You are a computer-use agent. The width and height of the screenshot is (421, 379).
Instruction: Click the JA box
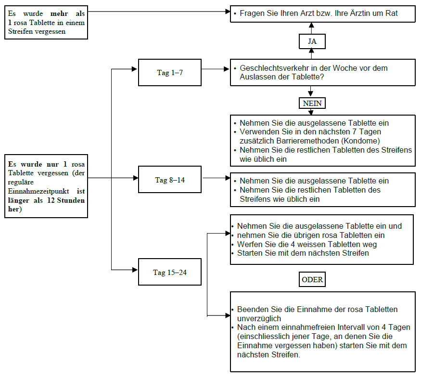pyautogui.click(x=312, y=41)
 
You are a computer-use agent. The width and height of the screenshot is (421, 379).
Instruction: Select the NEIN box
pyautogui.click(x=312, y=104)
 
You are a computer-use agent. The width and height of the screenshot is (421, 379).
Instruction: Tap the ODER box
pyautogui.click(x=312, y=280)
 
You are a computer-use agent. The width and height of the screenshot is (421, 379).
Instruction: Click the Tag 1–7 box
pyautogui.click(x=170, y=73)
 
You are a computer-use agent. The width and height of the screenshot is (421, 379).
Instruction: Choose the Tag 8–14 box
pyautogui.click(x=170, y=180)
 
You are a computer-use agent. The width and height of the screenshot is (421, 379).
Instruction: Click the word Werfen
pyautogui.click(x=249, y=244)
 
